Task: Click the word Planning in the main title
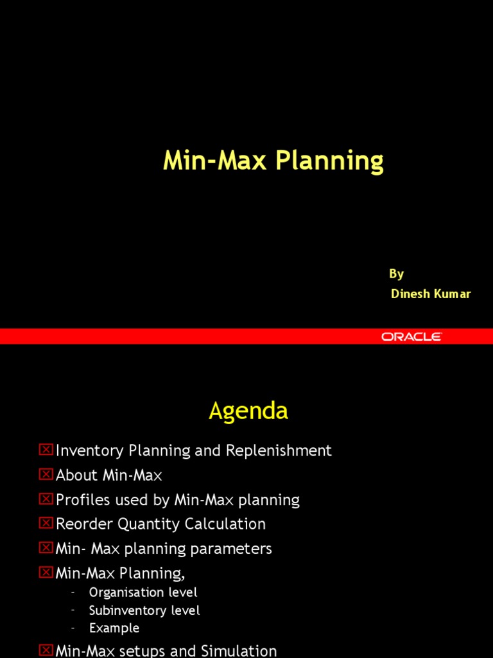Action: point(329,161)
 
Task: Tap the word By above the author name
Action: point(396,274)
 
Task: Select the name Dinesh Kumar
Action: point(431,294)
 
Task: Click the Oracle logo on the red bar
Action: point(411,336)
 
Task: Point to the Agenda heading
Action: point(248,411)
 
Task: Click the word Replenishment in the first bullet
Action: point(279,450)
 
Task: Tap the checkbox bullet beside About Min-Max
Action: point(46,474)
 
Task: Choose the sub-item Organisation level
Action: point(143,592)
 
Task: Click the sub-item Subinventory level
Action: point(144,610)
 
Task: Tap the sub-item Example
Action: point(114,628)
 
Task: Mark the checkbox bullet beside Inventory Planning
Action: point(46,450)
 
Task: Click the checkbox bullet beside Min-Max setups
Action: point(46,650)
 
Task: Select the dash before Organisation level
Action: point(73,592)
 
